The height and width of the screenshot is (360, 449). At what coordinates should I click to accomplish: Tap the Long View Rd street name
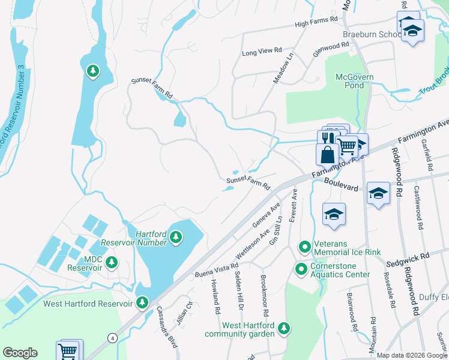(261, 53)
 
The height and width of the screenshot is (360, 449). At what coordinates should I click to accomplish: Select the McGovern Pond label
(354, 81)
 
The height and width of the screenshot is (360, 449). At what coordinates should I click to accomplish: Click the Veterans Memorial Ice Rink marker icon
(305, 247)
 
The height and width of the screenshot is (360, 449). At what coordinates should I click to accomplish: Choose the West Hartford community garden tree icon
(283, 328)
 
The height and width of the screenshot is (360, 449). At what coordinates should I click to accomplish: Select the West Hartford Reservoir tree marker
(142, 303)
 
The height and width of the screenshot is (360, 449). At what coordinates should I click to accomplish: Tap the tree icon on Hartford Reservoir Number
(176, 238)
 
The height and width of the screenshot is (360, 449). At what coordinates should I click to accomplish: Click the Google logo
(20, 353)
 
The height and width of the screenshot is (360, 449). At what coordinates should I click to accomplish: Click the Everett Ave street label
(293, 207)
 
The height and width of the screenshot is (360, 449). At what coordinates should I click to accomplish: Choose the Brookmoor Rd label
(264, 296)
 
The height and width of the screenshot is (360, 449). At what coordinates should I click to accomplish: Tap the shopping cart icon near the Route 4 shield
(68, 351)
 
